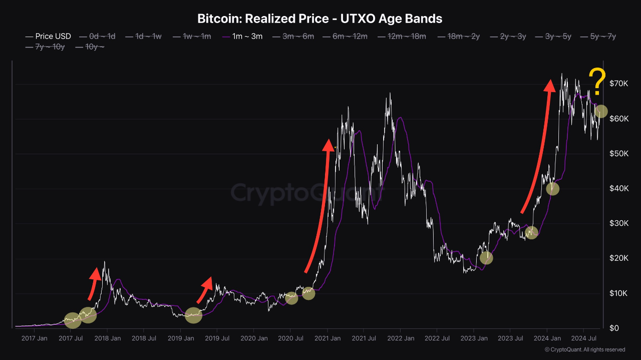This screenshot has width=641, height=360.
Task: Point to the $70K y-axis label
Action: pyautogui.click(x=618, y=84)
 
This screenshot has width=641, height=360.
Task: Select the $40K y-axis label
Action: pyautogui.click(x=618, y=188)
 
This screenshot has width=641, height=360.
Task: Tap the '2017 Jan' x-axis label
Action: pyautogui.click(x=35, y=338)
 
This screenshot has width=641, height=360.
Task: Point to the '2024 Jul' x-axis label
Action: pyautogui.click(x=584, y=338)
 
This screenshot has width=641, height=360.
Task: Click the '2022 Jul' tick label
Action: pyautogui.click(x=437, y=338)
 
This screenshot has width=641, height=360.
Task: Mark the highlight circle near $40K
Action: pyautogui.click(x=552, y=189)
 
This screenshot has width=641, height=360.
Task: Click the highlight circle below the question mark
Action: pyautogui.click(x=601, y=111)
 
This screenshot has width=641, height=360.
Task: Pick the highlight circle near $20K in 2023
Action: pyautogui.click(x=486, y=258)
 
